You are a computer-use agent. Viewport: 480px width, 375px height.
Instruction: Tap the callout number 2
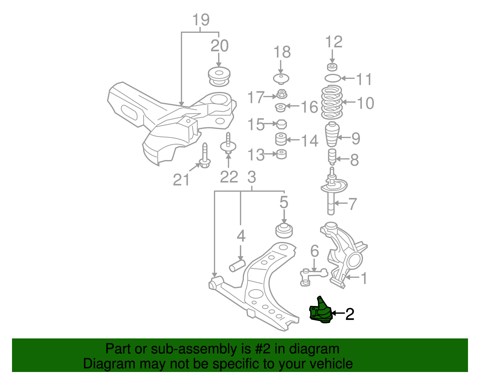coord(350,314)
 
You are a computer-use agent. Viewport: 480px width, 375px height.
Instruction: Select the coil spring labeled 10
coord(332,102)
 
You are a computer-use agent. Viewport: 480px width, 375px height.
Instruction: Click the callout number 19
coord(201,20)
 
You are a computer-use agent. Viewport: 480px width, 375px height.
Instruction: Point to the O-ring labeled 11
coord(333,78)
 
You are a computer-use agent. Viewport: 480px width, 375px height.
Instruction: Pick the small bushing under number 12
coord(332,67)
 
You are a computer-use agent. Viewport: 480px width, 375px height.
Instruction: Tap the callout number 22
coord(229,177)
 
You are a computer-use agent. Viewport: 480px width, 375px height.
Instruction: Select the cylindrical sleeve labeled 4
coord(237,266)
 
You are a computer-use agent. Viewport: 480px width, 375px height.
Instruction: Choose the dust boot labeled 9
coord(332,134)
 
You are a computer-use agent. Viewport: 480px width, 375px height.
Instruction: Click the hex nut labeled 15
coord(281,124)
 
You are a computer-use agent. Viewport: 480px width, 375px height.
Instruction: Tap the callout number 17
coord(256,98)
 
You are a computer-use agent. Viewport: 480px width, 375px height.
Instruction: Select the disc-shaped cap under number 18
coord(281,79)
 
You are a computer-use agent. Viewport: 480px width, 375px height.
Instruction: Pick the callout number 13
coord(256,155)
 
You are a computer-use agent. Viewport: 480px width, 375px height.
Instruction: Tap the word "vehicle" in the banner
coord(331,364)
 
